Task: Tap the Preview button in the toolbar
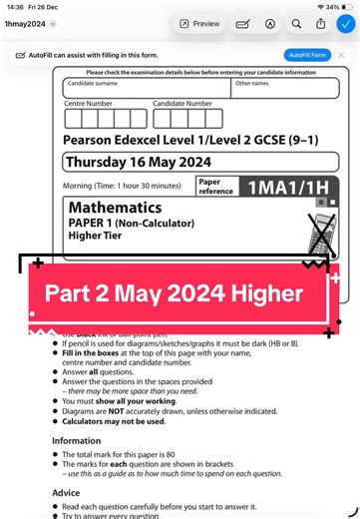(198, 23)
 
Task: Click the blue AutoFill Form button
(306, 55)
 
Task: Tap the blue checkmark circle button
(344, 23)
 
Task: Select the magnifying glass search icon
(296, 23)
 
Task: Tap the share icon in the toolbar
(320, 23)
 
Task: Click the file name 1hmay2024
(23, 23)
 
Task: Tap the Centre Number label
(89, 103)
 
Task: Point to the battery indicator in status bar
(345, 6)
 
